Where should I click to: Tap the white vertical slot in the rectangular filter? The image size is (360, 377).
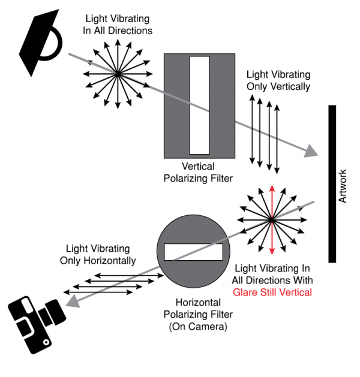click(x=199, y=105)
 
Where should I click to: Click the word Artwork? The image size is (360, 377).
click(x=343, y=186)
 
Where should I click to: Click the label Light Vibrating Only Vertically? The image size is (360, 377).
click(x=278, y=80)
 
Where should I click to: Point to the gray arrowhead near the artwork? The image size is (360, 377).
click(x=311, y=152)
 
